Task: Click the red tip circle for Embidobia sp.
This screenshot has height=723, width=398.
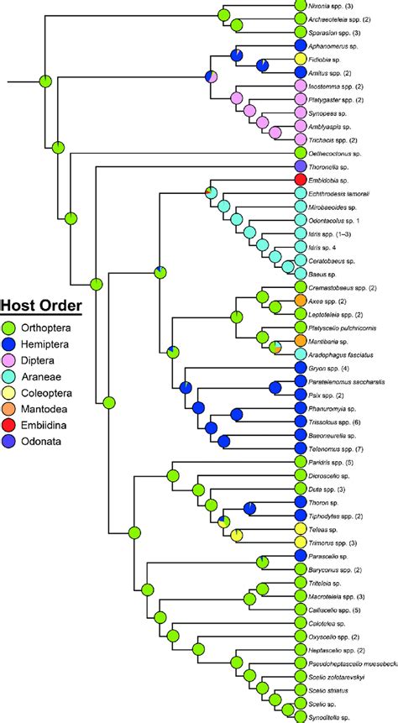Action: tap(301, 181)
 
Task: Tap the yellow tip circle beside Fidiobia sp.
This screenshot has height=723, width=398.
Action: tap(301, 60)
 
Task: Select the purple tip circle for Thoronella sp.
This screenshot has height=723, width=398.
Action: tap(301, 167)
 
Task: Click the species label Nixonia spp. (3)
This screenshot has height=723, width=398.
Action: tap(332, 6)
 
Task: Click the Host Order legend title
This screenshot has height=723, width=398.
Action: tap(41, 306)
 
